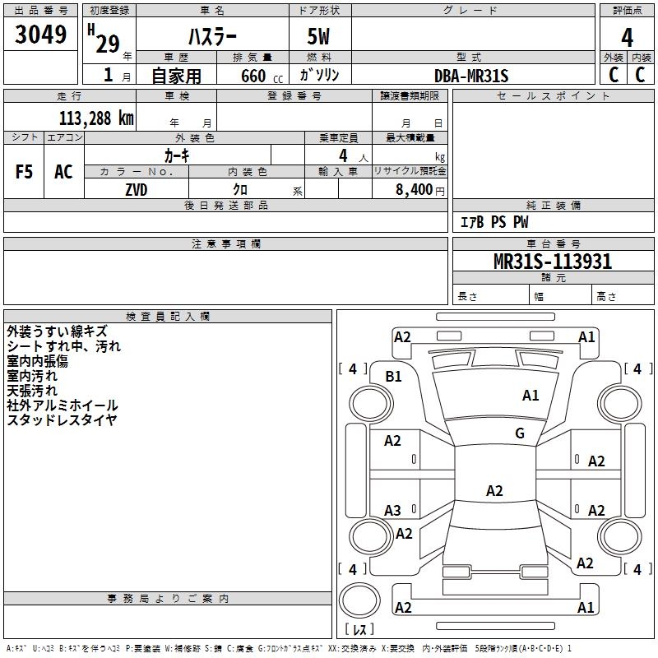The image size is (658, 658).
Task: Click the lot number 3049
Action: point(40,35)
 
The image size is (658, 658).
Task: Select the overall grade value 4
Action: point(627,38)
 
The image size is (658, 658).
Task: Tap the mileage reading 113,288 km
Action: point(96,118)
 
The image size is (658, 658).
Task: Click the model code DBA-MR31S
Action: point(471,76)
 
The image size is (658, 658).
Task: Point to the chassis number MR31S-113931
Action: point(553,262)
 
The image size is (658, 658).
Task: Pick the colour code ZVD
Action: point(137,190)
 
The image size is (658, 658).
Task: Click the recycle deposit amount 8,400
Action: point(414,189)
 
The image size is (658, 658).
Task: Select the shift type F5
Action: point(24,172)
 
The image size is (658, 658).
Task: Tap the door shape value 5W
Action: point(318,36)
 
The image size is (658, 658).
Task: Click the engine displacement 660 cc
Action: point(262,76)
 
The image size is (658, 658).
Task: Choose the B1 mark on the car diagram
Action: point(394,377)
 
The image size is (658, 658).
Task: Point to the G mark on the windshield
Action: point(520,433)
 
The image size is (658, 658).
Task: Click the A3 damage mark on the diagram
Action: point(393,510)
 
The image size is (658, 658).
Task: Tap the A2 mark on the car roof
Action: point(494,490)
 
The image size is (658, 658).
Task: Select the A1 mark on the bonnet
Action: point(531,396)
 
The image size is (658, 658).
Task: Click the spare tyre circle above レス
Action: point(359,600)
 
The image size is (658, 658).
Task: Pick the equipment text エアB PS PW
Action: point(494,222)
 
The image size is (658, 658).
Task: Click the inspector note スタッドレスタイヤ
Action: point(63,420)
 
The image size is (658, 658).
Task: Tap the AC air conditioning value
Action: point(63,172)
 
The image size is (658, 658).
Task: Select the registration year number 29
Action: point(108,44)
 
